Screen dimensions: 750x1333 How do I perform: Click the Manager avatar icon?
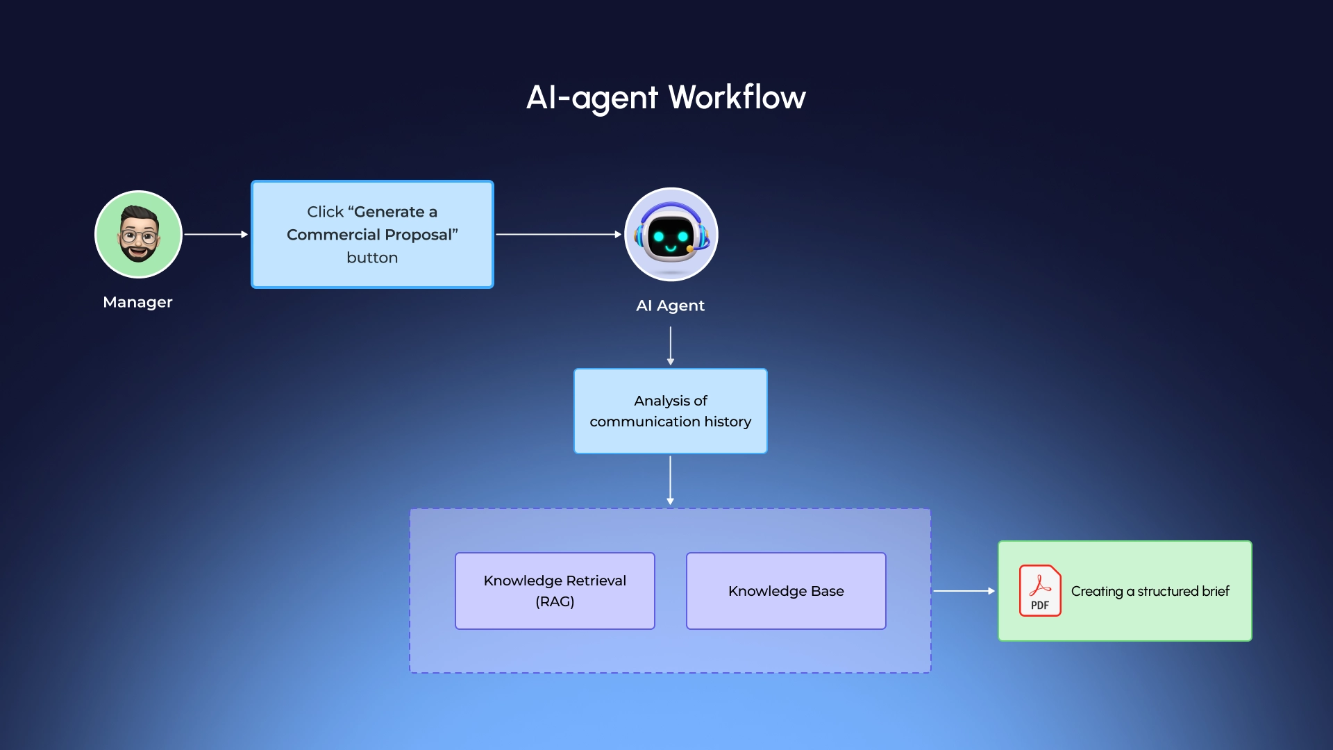point(138,235)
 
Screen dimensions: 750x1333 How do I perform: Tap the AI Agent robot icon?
point(671,235)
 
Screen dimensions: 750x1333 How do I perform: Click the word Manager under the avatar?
point(137,302)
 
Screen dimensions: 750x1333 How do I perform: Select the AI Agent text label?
point(670,306)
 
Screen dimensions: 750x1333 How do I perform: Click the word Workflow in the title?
point(737,97)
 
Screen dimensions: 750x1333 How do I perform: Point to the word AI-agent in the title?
point(592,97)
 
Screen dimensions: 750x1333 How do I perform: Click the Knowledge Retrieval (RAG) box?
point(555,591)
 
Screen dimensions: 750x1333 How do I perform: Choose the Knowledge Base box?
point(786,591)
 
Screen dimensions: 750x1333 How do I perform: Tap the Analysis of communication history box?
point(670,411)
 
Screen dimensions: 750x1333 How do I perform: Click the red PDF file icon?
point(1040,590)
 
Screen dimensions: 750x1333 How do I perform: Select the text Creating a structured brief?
point(1150,591)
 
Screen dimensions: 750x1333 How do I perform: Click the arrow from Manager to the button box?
point(215,235)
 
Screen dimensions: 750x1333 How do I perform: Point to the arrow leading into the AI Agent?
point(558,235)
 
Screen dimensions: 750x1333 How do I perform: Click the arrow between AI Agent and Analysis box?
point(670,345)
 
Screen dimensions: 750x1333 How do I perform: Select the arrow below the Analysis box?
point(670,480)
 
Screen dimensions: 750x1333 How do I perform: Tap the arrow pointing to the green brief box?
point(964,591)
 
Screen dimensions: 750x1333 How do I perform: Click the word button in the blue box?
point(372,258)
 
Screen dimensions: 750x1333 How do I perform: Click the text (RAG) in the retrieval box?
point(555,601)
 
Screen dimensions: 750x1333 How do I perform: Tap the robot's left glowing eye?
point(658,237)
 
